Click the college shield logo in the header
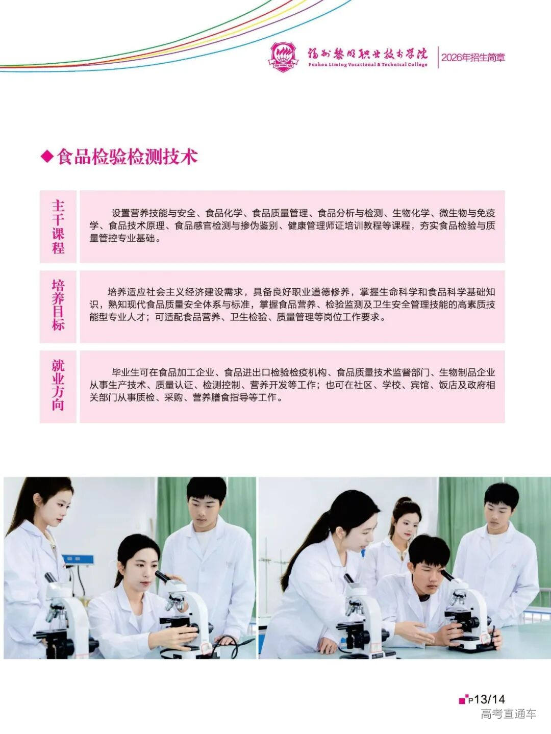pos(283,56)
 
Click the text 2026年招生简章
pos(473,58)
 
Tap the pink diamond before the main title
pos(47,157)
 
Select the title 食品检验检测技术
pos(127,157)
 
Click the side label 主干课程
pos(58,227)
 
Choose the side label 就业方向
pos(58,386)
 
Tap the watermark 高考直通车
pos(508,714)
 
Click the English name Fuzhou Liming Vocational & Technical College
pos(367,65)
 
